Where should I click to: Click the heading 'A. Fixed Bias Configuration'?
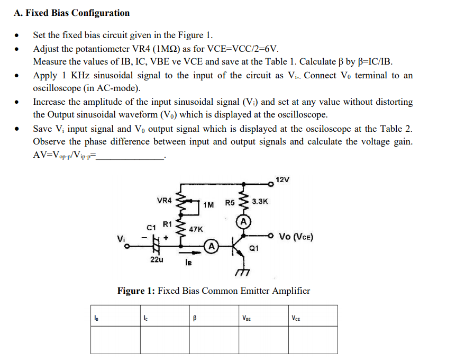coord(71,13)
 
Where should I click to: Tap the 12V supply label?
coord(283,179)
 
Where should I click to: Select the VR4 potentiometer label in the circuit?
coord(165,201)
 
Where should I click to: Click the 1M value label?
coord(208,204)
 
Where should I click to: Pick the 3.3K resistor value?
coord(260,202)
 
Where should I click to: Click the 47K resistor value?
coord(196,229)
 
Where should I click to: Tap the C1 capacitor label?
coord(151,227)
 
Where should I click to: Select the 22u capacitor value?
coord(157,260)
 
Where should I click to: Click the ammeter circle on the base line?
coord(211,246)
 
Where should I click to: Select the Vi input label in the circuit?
coord(122,239)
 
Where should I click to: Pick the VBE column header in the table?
coord(246,318)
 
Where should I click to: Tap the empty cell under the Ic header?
coord(165,339)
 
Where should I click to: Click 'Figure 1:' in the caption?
coord(136,291)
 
